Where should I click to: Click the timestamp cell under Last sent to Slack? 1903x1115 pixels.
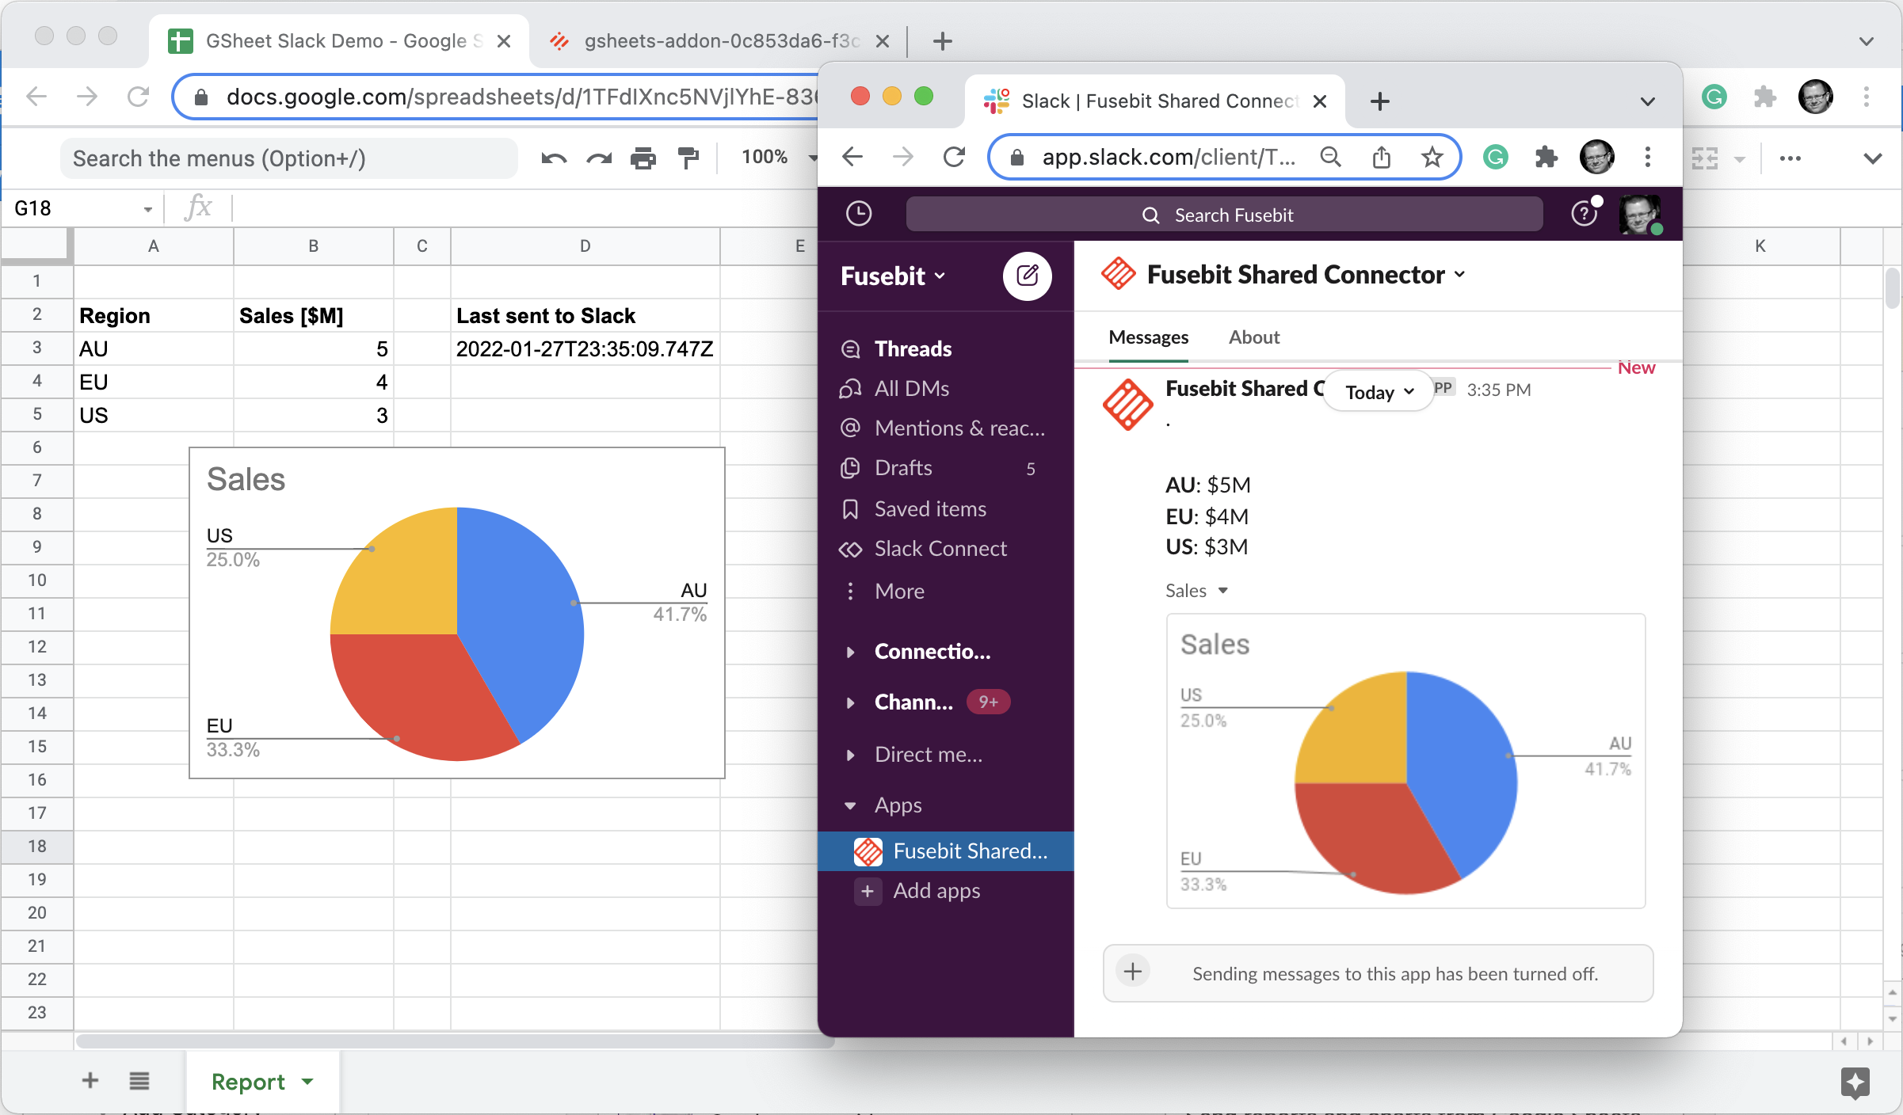coord(585,349)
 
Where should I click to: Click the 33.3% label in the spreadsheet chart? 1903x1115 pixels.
coord(233,750)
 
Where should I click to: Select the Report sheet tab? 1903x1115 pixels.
coord(248,1082)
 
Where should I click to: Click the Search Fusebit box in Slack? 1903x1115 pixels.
coord(1224,215)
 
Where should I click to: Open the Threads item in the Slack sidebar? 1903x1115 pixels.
coord(913,349)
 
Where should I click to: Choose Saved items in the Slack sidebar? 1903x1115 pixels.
coord(930,509)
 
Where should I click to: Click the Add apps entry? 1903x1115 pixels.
coord(936,892)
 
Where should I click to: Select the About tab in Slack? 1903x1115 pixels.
coord(1253,338)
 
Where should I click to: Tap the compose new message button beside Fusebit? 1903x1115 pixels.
coord(1027,276)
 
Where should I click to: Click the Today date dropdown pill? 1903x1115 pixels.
coord(1379,393)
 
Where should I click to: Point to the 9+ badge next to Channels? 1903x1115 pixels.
coord(988,702)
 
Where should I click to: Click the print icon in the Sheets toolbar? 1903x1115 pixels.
coord(643,158)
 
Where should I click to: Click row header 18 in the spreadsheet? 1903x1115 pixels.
coord(36,847)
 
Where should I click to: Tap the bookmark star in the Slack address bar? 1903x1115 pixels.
coord(1432,158)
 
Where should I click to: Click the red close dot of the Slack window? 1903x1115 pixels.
coord(860,97)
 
